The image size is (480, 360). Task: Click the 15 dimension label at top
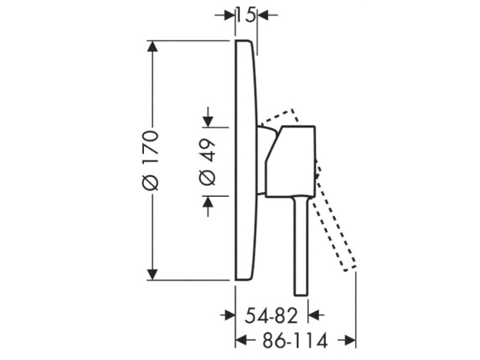point(246,15)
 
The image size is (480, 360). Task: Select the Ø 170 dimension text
point(151,160)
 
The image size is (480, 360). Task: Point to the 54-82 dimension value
point(271,316)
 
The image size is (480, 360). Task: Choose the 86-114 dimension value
point(296,340)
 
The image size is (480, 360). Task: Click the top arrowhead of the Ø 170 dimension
point(152,47)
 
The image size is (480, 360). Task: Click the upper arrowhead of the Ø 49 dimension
point(208,121)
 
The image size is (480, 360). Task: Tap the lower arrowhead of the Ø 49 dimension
point(208,202)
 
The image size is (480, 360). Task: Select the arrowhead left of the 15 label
point(229,15)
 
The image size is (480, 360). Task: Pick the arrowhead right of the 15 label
point(263,15)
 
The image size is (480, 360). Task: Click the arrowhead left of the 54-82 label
point(229,315)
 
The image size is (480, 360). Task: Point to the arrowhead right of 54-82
point(314,315)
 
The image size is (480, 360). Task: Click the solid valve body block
point(290,161)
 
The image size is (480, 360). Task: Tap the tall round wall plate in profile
point(246,160)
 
